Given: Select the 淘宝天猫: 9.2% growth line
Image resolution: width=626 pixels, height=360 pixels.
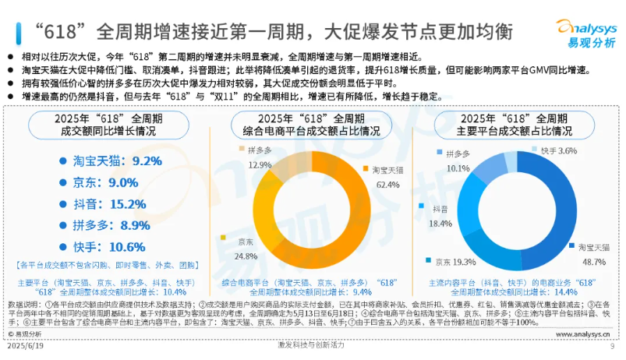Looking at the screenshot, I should point(110,161).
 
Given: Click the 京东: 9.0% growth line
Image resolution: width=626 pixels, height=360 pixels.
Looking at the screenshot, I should point(99,182).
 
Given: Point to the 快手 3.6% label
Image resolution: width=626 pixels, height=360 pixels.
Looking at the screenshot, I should point(558,150).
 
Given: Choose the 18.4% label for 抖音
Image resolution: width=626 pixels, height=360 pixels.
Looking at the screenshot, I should point(442,223).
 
